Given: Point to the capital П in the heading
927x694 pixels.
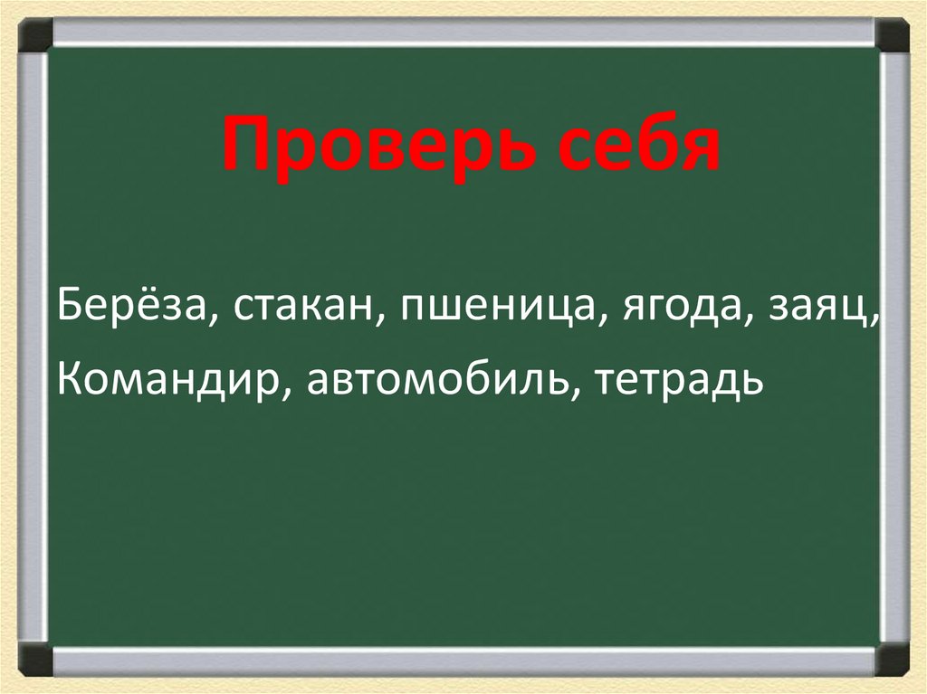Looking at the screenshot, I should click(x=243, y=145).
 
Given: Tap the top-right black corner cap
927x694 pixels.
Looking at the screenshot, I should click(x=892, y=35).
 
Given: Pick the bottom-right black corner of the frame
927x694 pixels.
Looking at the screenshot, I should click(x=892, y=658).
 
